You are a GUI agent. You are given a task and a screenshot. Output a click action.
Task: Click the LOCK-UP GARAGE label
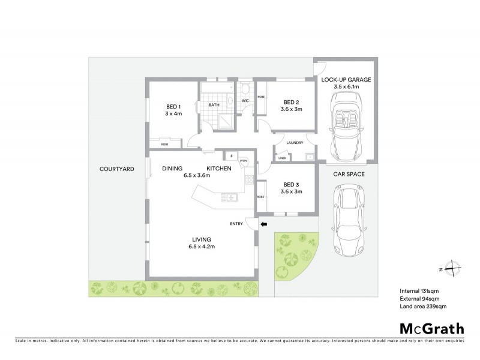[x=346, y=79]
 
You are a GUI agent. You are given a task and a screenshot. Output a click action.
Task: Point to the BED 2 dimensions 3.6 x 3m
[x=292, y=109]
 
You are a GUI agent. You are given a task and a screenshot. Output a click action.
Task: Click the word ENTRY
[x=236, y=224]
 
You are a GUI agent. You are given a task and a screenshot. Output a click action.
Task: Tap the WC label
[x=245, y=100]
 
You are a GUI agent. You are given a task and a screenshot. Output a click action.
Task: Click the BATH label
[x=214, y=106]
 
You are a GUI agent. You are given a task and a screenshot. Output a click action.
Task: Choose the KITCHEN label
[x=219, y=169]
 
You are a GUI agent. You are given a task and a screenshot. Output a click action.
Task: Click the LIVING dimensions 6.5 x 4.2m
[x=199, y=247]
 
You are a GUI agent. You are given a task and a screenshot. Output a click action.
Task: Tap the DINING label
[x=172, y=169]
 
